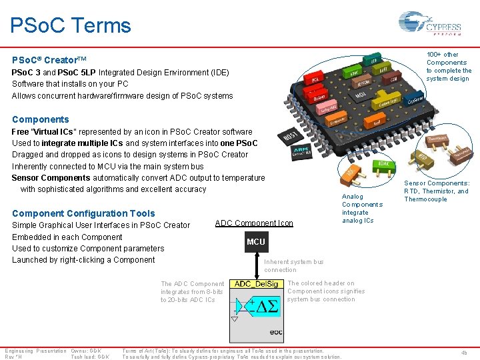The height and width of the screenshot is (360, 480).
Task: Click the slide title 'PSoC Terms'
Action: pos(71,26)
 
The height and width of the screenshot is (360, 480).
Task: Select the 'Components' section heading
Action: pos(40,119)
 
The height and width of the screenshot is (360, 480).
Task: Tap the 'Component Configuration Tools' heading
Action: pos(83,213)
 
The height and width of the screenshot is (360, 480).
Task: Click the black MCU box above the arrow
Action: pos(255,242)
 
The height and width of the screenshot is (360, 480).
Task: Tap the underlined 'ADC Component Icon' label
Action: pos(254,223)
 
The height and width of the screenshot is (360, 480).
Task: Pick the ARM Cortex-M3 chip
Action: pos(301,154)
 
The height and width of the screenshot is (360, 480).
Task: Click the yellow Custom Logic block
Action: pos(388,103)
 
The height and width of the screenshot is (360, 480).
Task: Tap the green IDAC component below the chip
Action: pos(385,163)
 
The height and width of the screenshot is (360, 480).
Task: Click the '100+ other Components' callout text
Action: pos(448,67)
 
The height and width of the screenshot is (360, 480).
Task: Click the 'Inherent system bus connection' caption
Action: pos(293,266)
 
